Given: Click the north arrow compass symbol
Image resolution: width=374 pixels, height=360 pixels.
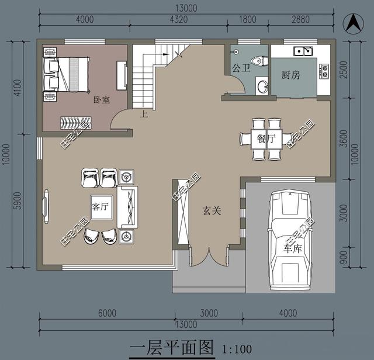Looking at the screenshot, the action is click(354, 23).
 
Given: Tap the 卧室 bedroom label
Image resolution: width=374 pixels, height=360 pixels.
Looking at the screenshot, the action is click(102, 100).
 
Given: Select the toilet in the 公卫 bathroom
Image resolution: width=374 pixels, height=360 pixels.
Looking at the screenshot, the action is click(259, 61).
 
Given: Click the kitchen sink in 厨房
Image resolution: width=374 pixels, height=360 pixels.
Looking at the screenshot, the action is click(303, 51).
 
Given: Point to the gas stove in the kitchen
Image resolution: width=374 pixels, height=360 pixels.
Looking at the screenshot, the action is click(324, 71).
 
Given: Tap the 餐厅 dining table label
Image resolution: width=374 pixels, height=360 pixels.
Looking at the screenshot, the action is click(266, 139).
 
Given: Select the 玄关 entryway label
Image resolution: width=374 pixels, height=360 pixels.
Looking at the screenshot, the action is click(212, 210).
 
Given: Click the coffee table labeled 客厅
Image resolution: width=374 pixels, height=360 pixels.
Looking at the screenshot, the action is click(101, 207).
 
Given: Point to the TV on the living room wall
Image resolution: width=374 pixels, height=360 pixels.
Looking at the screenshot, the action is click(46, 207).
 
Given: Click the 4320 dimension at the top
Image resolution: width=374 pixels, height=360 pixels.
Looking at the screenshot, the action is click(179, 19).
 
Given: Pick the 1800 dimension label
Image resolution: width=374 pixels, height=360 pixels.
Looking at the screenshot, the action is click(248, 19).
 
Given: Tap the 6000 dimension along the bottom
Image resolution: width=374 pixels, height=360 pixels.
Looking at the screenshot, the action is click(107, 313).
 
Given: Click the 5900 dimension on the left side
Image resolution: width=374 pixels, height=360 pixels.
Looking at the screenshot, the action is click(18, 200).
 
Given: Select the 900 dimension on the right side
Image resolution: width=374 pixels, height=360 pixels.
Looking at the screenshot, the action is click(344, 257).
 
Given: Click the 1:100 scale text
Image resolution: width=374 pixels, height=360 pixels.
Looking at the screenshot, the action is click(237, 349).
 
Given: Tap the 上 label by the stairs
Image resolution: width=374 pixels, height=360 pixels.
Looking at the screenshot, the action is click(144, 114).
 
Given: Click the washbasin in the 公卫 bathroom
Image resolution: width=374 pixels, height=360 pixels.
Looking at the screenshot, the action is click(262, 86).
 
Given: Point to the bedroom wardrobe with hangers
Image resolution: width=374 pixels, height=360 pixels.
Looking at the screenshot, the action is click(75, 123).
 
